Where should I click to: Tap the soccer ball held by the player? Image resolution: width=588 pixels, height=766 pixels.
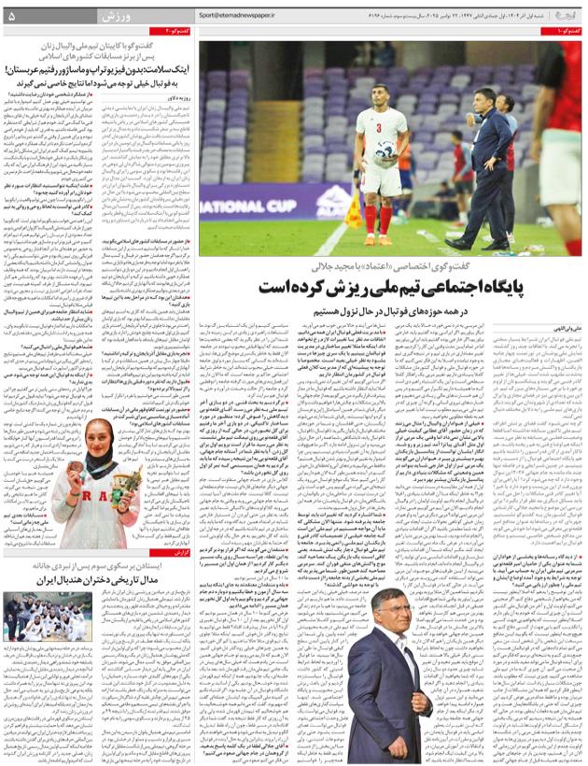[384, 149]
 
